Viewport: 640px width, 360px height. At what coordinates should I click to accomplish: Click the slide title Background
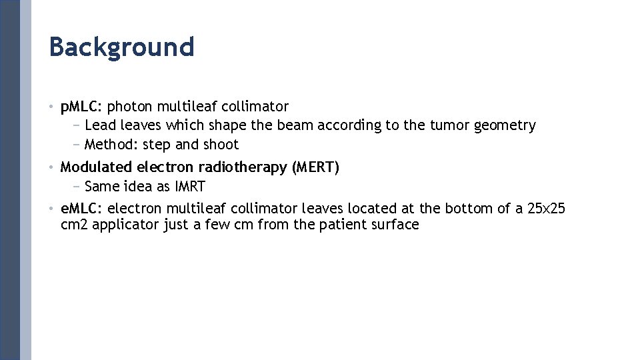[x=121, y=47]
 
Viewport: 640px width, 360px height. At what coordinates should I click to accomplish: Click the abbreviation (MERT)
[x=315, y=167]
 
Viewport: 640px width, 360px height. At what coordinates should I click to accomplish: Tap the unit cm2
[x=75, y=225]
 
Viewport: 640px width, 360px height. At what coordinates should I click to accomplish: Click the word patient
[x=342, y=225]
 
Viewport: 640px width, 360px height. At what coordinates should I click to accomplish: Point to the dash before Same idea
[x=76, y=187]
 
